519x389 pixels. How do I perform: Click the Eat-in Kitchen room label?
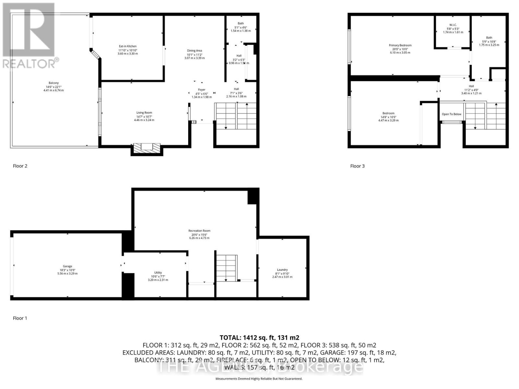127,46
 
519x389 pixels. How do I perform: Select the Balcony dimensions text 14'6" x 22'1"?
54,87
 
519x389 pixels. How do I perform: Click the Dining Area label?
194,51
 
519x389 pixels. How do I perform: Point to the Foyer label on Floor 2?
202,90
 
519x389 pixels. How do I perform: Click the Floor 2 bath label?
241,23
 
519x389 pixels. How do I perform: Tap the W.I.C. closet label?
453,25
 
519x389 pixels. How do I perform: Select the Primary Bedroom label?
400,45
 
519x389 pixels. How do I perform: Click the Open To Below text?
452,114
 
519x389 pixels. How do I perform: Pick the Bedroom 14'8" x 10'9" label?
388,113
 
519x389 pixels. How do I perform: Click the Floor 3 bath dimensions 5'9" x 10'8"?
489,41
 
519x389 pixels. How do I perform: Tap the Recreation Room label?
199,231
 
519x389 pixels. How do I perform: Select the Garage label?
67,266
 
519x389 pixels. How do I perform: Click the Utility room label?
158,273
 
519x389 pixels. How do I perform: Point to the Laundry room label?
282,270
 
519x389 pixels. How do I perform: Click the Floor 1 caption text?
20,318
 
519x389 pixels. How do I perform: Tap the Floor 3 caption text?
357,166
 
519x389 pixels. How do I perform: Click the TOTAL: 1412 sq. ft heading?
259,337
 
